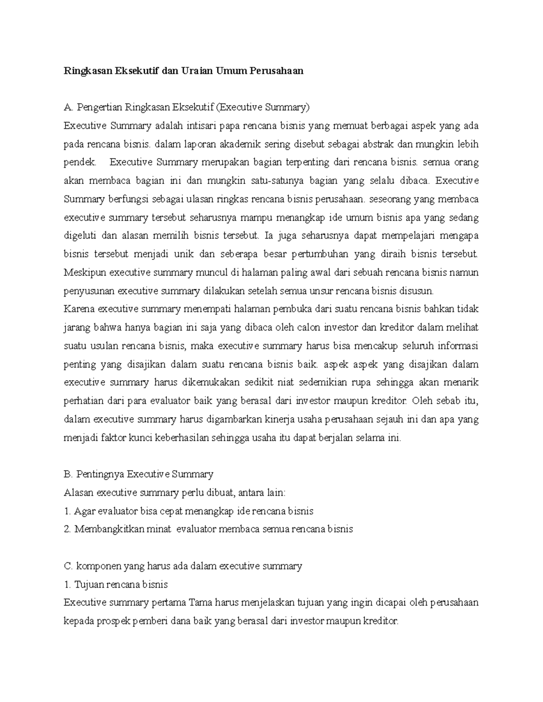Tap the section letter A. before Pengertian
(69, 108)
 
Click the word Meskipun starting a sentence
(85, 273)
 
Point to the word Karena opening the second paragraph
(79, 309)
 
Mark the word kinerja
(280, 419)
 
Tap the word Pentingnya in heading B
(100, 474)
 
